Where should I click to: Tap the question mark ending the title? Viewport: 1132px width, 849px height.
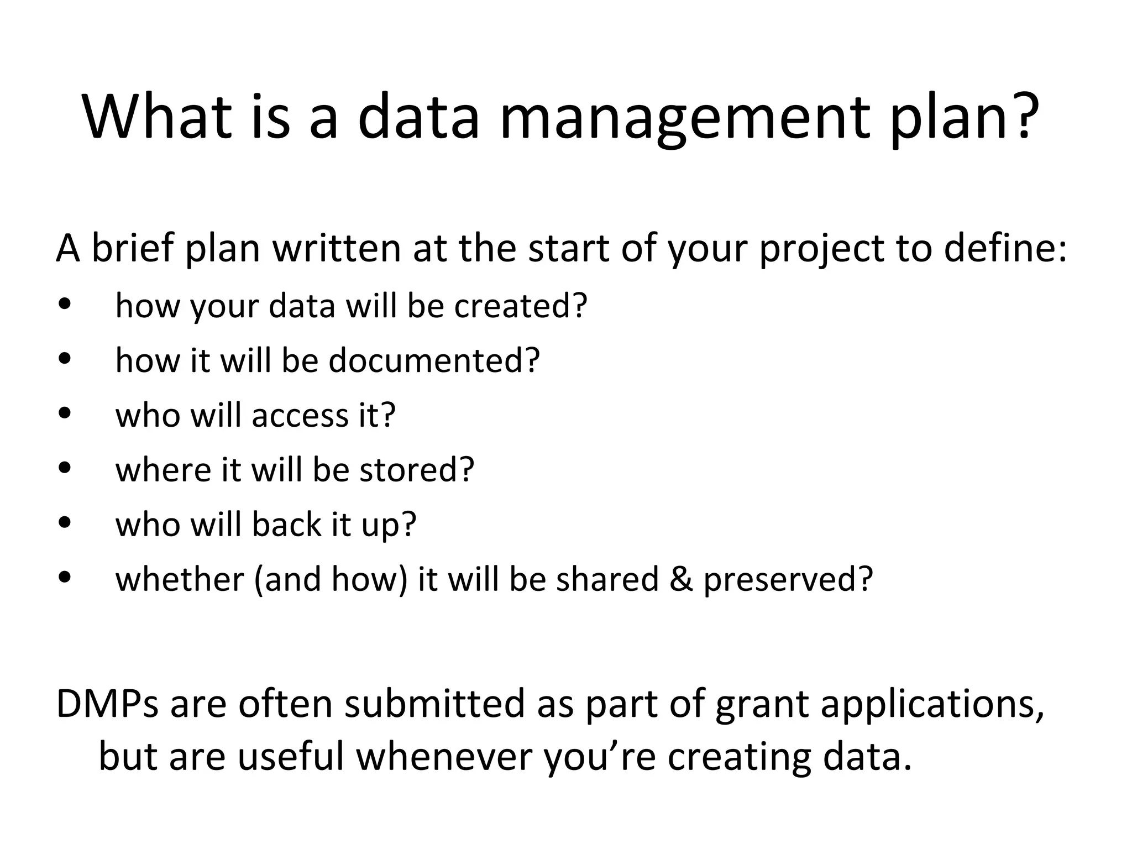point(1020,116)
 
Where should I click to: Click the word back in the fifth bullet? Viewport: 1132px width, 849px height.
point(286,524)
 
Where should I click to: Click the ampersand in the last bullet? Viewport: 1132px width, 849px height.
point(681,579)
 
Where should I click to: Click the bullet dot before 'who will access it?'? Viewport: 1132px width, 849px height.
point(65,414)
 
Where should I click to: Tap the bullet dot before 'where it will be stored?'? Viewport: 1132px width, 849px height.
point(65,468)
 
